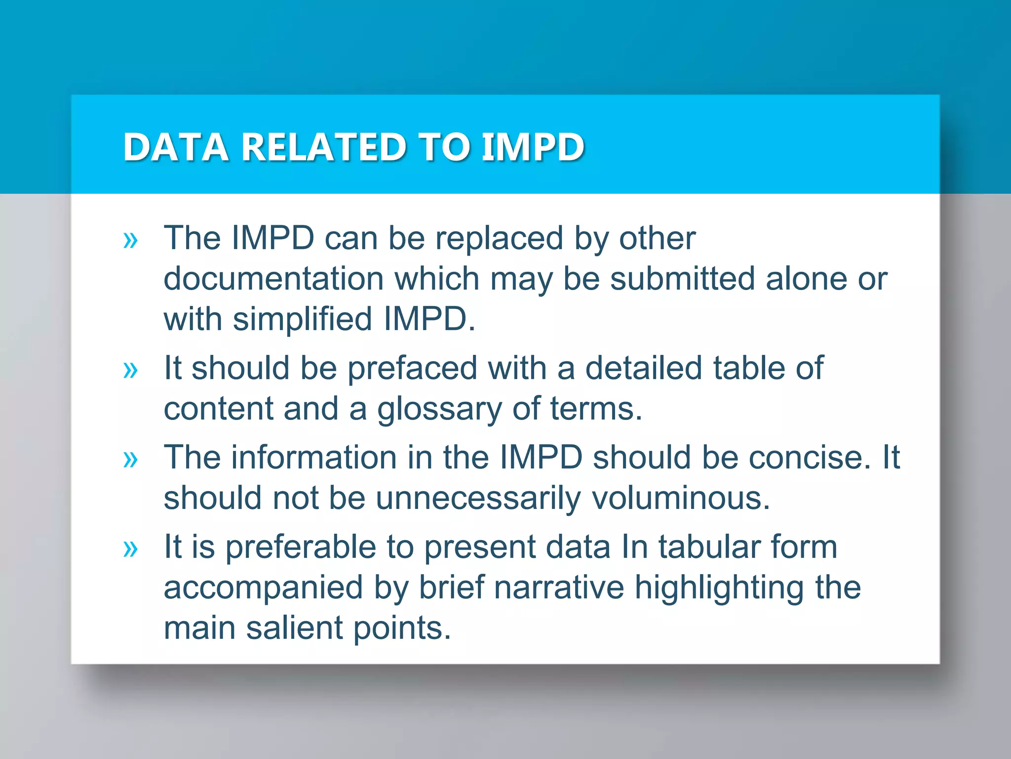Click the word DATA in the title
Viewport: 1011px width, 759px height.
click(175, 147)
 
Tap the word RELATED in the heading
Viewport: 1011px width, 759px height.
click(324, 147)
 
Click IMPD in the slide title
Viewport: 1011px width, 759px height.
click(533, 147)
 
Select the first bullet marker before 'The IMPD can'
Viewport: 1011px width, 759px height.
click(130, 241)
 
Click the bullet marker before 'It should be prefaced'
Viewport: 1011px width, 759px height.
click(130, 370)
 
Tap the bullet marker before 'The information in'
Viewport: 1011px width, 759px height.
click(130, 460)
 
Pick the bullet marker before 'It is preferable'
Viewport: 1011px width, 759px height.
click(130, 549)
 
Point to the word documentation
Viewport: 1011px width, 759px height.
click(273, 279)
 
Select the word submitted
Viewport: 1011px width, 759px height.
click(682, 279)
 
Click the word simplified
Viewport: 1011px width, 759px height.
click(302, 319)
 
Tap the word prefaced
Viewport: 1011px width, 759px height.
click(412, 369)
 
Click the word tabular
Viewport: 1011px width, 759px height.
click(709, 548)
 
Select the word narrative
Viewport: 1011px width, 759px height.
click(559, 588)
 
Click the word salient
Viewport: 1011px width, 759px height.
click(294, 629)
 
